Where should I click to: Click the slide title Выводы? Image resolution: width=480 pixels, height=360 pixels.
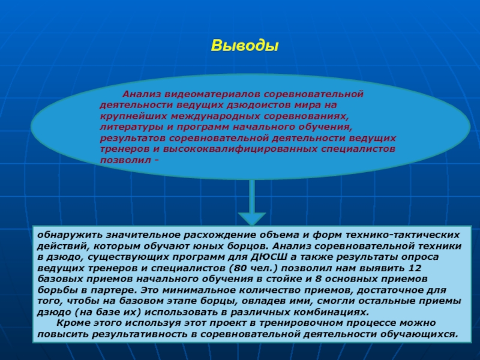(245, 46)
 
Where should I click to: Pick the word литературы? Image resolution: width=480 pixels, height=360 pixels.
(128, 128)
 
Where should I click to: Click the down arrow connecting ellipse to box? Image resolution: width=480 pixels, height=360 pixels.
(252, 204)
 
